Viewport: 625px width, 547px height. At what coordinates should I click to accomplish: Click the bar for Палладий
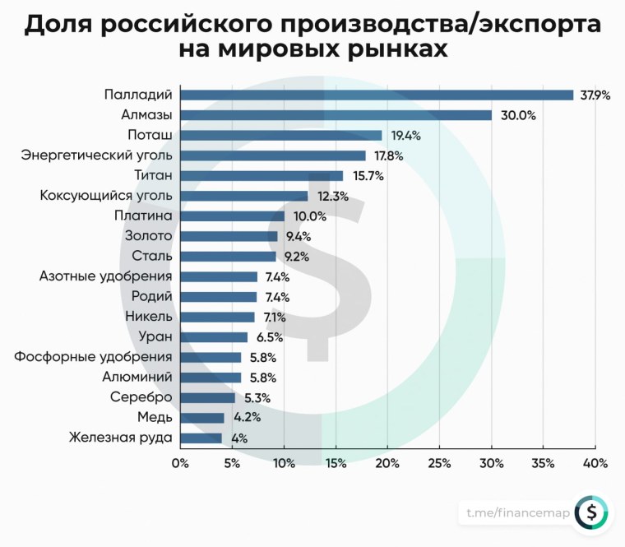[377, 95]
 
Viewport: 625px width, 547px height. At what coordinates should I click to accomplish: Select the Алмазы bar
[336, 115]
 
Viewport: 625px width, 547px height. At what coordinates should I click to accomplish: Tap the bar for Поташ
[281, 135]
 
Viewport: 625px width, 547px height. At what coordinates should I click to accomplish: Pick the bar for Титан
[262, 175]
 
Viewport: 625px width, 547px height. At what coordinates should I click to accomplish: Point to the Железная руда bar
[201, 438]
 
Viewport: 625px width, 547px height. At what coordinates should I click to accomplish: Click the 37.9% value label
[595, 95]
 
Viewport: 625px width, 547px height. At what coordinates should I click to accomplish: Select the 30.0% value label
[518, 116]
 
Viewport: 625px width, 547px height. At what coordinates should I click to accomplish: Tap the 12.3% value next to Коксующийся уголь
[330, 197]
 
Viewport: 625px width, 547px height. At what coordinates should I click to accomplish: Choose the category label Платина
[142, 216]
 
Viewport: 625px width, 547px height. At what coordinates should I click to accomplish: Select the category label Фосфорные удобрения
[93, 357]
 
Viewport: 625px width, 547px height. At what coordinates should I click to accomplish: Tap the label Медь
[155, 417]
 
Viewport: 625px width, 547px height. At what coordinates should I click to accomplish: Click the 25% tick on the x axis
[439, 463]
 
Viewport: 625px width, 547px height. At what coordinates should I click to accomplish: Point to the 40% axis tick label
[595, 463]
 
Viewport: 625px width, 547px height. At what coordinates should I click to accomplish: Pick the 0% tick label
[180, 463]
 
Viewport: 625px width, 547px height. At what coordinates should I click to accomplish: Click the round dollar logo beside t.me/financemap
[591, 513]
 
